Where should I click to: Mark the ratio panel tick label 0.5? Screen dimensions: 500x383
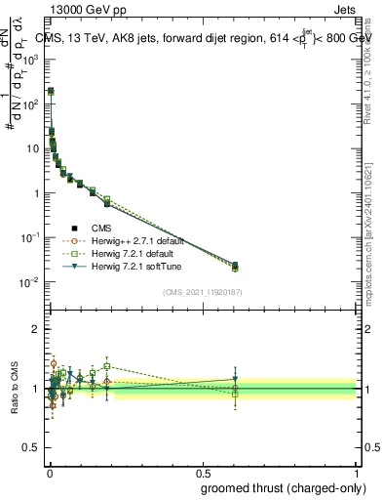32,448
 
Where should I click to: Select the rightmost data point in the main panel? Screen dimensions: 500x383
234,265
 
